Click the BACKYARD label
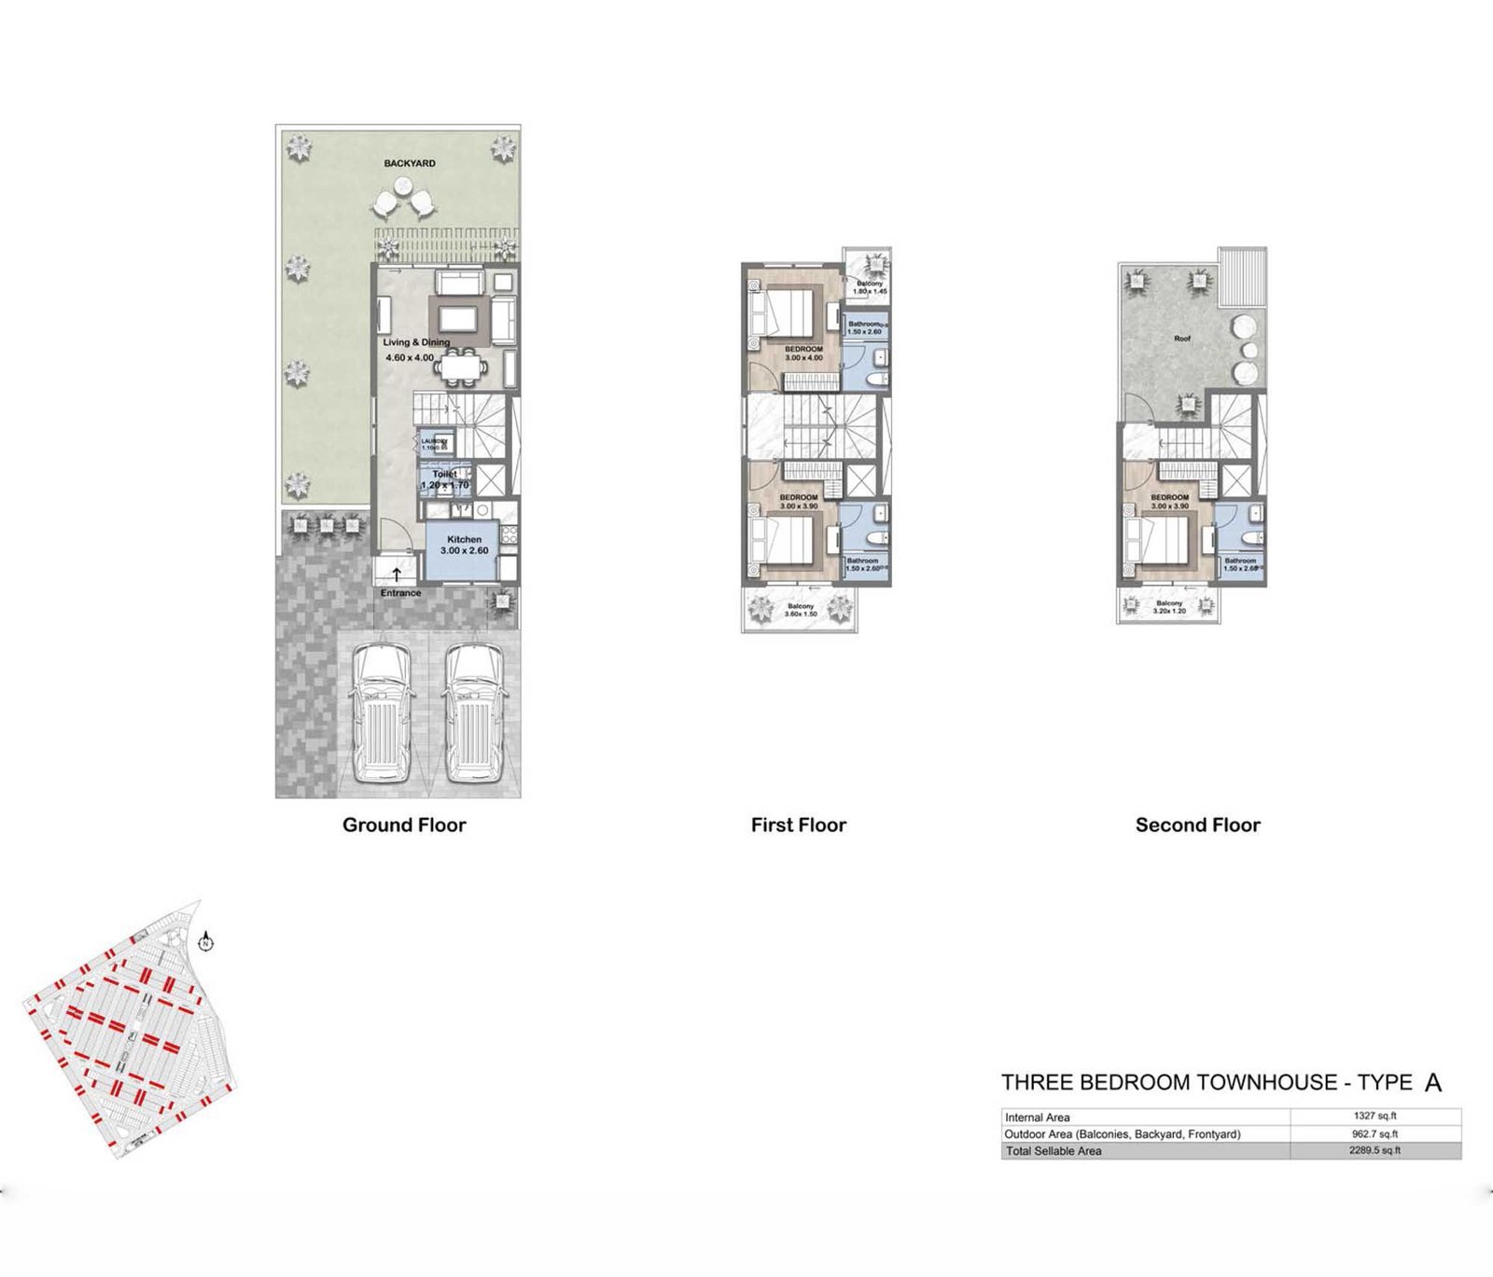pyautogui.click(x=409, y=163)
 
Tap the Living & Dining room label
pyautogui.click(x=415, y=342)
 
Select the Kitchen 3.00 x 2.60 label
pyautogui.click(x=464, y=545)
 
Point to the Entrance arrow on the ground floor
pyautogui.click(x=397, y=575)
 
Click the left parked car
pyautogui.click(x=381, y=712)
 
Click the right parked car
pyautogui.click(x=474, y=712)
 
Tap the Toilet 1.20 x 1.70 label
pyautogui.click(x=445, y=479)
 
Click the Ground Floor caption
pyautogui.click(x=403, y=825)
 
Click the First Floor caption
pyautogui.click(x=798, y=825)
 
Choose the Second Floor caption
pyautogui.click(x=1197, y=825)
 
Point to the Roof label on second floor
pyautogui.click(x=1182, y=339)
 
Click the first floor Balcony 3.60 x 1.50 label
pyautogui.click(x=801, y=610)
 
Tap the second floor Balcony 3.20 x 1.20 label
pyautogui.click(x=1169, y=607)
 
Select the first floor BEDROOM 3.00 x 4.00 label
pyautogui.click(x=803, y=353)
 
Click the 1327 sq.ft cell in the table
pyautogui.click(x=1374, y=1116)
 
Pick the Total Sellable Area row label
pyautogui.click(x=1053, y=1151)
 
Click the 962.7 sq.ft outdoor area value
pyautogui.click(x=1374, y=1133)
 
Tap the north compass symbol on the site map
pyautogui.click(x=205, y=942)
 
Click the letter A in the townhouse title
pyautogui.click(x=1433, y=1083)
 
